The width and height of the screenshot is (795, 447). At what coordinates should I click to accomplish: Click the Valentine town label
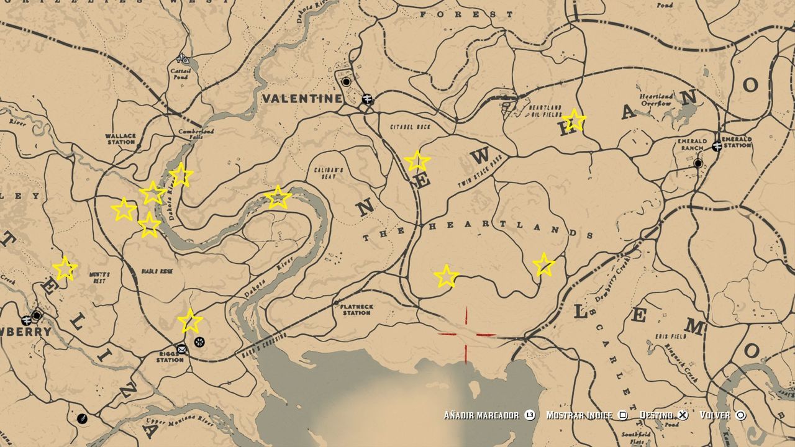click(302, 98)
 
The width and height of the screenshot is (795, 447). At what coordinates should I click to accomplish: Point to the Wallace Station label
click(120, 138)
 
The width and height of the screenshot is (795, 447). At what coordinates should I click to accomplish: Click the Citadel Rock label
click(410, 127)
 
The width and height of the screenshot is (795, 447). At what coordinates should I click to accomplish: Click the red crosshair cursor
click(466, 335)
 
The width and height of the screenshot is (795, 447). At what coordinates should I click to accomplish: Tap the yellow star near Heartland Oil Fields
click(573, 120)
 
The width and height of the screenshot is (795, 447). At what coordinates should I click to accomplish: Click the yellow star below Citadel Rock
click(417, 161)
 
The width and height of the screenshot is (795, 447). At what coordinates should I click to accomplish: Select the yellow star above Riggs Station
click(189, 320)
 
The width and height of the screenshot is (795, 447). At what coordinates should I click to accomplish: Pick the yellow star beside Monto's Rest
click(65, 269)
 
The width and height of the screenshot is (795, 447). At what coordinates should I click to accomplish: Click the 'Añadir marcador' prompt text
click(481, 415)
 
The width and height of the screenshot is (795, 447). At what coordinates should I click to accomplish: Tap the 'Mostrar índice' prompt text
click(579, 415)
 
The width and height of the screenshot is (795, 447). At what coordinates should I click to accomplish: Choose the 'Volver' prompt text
click(715, 415)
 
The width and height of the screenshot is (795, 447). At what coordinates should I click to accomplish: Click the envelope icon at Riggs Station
click(181, 348)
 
